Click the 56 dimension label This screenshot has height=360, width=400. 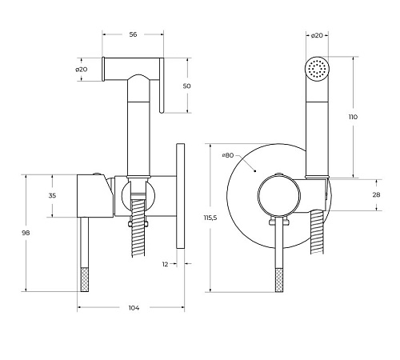tap(133, 34)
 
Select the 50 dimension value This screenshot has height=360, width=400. tap(187, 86)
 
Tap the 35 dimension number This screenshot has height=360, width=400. tap(52, 195)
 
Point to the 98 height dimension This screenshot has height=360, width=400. tap(26, 233)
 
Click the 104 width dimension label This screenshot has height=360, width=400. tap(134, 308)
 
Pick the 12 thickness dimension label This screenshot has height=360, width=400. tap(166, 264)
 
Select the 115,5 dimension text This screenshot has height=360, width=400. tap(210, 218)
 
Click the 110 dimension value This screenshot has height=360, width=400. tap(353, 117)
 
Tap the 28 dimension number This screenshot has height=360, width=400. tap(376, 194)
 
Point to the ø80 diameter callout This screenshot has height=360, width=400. tap(228, 155)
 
